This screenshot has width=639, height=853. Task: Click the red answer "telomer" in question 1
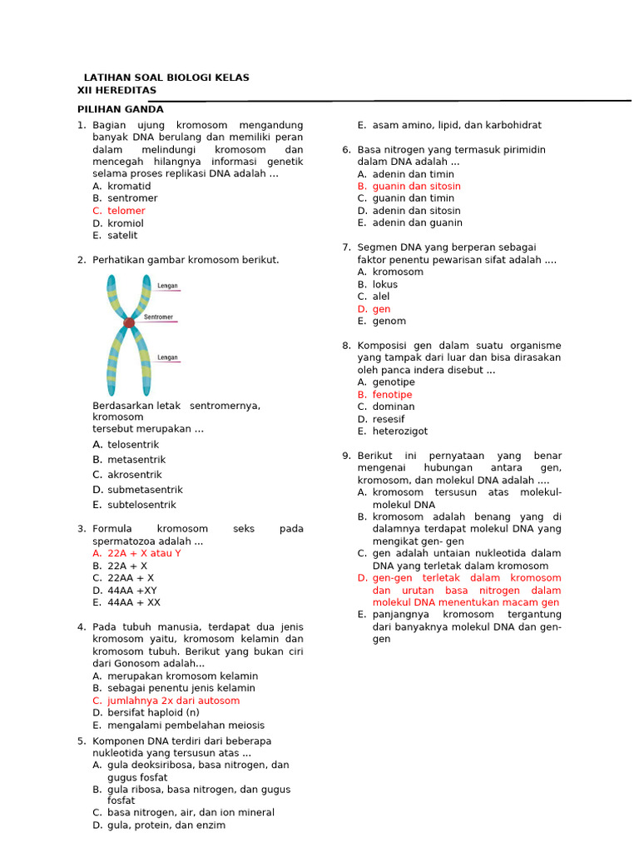click(x=126, y=211)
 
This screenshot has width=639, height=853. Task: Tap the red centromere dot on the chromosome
click(x=129, y=322)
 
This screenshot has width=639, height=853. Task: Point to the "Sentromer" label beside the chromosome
click(x=158, y=317)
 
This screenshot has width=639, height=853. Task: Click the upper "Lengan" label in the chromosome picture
click(x=167, y=286)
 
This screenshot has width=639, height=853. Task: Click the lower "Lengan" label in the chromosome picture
click(x=167, y=357)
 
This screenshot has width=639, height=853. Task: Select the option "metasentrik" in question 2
click(x=136, y=460)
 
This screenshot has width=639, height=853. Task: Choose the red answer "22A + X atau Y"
click(x=144, y=553)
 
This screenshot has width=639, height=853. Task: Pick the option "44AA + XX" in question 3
click(x=134, y=602)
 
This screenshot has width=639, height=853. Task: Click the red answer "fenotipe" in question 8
click(x=392, y=395)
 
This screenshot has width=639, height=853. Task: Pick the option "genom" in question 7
click(x=389, y=321)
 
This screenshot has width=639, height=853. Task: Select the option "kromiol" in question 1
click(x=125, y=223)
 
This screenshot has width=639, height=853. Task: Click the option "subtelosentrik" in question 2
click(x=141, y=505)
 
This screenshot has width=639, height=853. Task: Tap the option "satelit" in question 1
click(x=122, y=236)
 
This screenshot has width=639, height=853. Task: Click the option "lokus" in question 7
click(x=384, y=284)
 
